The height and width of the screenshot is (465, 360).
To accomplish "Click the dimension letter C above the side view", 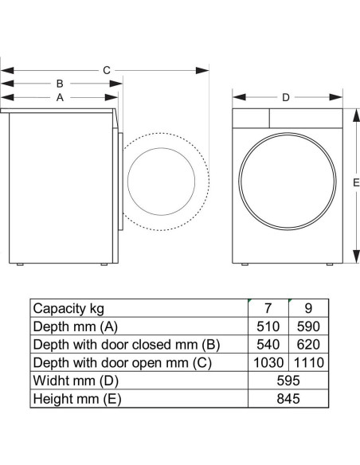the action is (107, 70).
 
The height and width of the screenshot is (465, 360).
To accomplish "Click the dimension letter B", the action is (60, 84).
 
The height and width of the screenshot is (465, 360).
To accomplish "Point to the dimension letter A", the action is (60, 97).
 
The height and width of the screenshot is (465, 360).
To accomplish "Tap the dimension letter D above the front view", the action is (286, 97).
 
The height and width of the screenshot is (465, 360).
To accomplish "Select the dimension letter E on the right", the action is (356, 182).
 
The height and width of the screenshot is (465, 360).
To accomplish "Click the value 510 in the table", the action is (268, 326).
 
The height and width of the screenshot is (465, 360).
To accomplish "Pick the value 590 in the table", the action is (308, 326).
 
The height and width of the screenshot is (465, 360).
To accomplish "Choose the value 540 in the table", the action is (268, 345).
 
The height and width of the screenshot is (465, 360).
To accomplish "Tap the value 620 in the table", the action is (308, 345).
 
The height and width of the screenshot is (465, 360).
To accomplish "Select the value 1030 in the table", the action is (268, 363).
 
